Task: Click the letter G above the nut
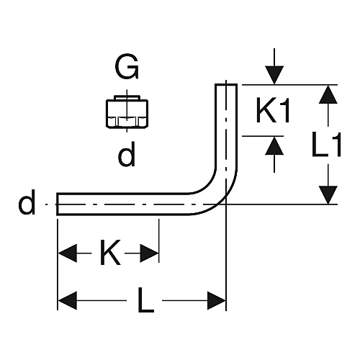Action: point(127,66)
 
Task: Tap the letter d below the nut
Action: point(127,153)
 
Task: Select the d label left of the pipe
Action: point(27,202)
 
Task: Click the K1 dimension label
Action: point(273,110)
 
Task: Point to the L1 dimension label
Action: point(326,145)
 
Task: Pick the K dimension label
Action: point(110,252)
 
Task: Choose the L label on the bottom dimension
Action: point(145,300)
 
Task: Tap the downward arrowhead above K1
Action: point(274,75)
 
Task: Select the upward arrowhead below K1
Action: point(274,145)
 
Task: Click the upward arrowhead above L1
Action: point(328,94)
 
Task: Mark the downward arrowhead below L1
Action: point(328,195)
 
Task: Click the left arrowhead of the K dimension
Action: point(68,253)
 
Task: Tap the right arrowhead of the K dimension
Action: point(150,253)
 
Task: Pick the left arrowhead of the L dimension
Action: point(68,300)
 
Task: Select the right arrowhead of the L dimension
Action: point(217,300)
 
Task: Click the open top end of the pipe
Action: point(226,84)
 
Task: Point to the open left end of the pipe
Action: point(58,204)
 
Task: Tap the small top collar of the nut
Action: point(127,98)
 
